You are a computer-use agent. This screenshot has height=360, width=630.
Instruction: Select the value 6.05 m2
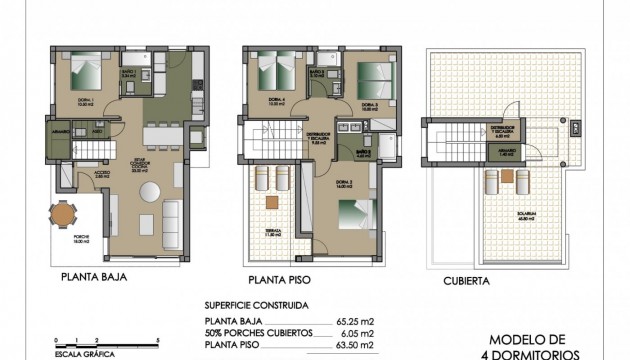point(359,333)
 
